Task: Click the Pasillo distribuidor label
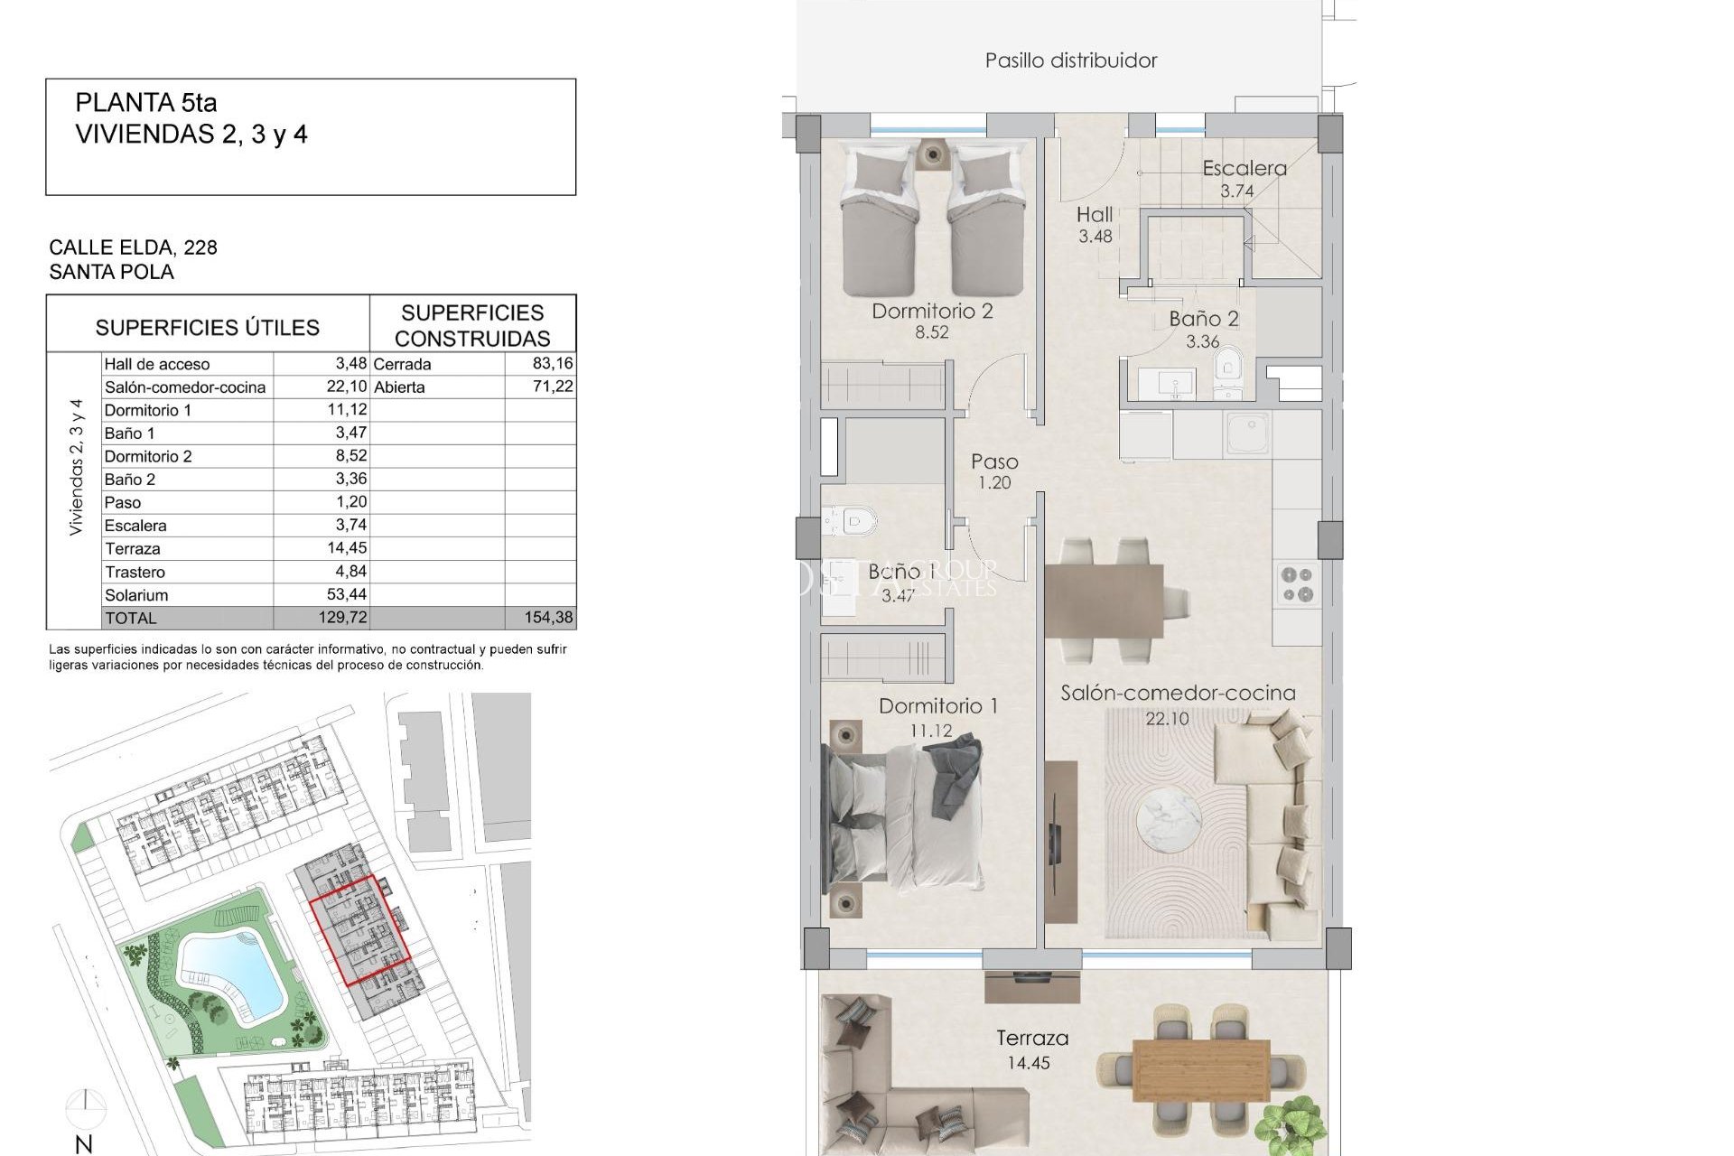(1070, 61)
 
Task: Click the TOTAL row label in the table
(131, 618)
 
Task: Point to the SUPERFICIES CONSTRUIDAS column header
(472, 325)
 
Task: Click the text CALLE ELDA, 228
(133, 247)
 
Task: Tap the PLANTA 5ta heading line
(146, 103)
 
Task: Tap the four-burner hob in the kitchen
(1297, 583)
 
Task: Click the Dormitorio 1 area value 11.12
(930, 731)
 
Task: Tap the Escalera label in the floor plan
(1244, 168)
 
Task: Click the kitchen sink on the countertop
(1247, 433)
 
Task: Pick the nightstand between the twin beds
(931, 154)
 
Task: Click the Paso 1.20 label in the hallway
(994, 471)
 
